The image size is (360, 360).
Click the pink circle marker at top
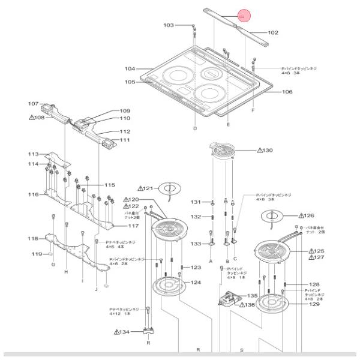tap(242, 17)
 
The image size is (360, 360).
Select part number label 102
tap(272, 32)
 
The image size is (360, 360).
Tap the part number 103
tap(169, 25)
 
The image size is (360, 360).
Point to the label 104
tap(130, 69)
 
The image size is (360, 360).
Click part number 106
tap(287, 92)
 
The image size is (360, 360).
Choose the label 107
tap(33, 103)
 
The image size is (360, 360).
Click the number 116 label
tap(33, 194)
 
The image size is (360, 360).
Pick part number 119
tap(37, 254)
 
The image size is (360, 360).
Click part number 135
tap(253, 296)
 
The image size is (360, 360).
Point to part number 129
tap(314, 304)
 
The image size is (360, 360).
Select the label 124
tap(196, 282)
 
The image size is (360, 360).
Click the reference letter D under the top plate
tap(195, 129)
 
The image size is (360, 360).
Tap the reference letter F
tap(253, 112)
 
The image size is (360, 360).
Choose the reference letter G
tap(53, 265)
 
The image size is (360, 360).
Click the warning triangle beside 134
tap(118, 332)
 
